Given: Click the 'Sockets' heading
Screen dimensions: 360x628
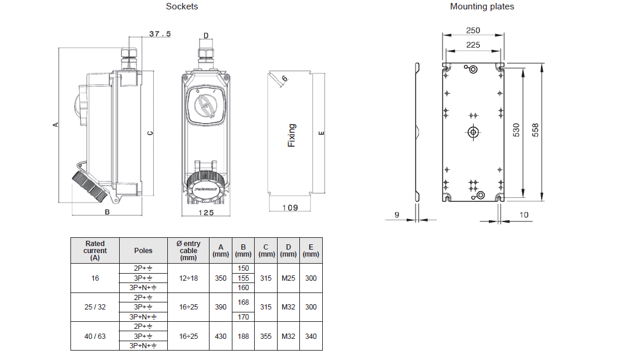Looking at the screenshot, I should [182, 6].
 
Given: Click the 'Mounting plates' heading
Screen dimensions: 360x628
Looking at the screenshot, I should [482, 6].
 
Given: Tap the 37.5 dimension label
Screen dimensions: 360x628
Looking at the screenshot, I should [160, 34].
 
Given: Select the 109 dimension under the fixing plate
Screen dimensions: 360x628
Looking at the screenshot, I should [290, 207].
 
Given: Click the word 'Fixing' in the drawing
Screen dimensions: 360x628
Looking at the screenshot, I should [292, 135].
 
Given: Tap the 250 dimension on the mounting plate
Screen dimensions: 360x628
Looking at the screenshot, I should [472, 31].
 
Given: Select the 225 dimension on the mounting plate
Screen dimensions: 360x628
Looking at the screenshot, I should [472, 44].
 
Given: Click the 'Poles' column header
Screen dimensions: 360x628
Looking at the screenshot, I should [143, 250].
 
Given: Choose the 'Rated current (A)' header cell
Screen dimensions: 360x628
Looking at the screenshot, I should [95, 250].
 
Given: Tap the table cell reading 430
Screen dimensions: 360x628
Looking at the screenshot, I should [221, 337].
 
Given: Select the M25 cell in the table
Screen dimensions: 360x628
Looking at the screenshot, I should [288, 278].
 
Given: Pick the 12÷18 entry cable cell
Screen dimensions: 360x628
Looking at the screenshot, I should [188, 278].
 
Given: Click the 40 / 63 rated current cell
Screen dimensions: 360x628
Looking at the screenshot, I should [95, 337].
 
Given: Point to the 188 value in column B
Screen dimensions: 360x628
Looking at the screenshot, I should [243, 337].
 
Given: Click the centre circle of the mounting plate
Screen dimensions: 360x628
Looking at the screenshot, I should [472, 132].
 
